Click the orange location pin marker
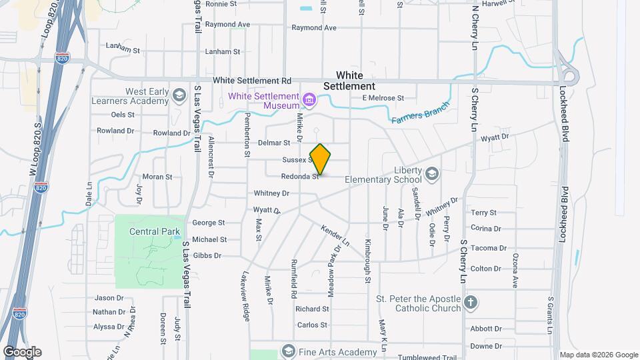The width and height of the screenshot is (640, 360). coord(321,159)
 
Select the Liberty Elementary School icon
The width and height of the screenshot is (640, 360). coord(432,175)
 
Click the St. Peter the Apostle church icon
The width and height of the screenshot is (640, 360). coord(471,303)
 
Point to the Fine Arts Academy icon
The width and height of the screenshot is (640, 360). coord(288,351)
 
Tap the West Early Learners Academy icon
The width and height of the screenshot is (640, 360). coord(179,95)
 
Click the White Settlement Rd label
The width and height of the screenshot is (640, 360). coord(252,81)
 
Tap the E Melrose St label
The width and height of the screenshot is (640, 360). coord(383,98)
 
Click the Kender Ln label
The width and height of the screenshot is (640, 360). coord(335,235)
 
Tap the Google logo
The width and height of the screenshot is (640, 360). coord(21,352)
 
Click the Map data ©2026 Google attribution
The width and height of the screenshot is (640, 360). coord(598,355)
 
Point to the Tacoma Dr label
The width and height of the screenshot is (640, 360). coord(489,248)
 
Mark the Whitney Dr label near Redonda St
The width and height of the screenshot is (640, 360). coord(271,193)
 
